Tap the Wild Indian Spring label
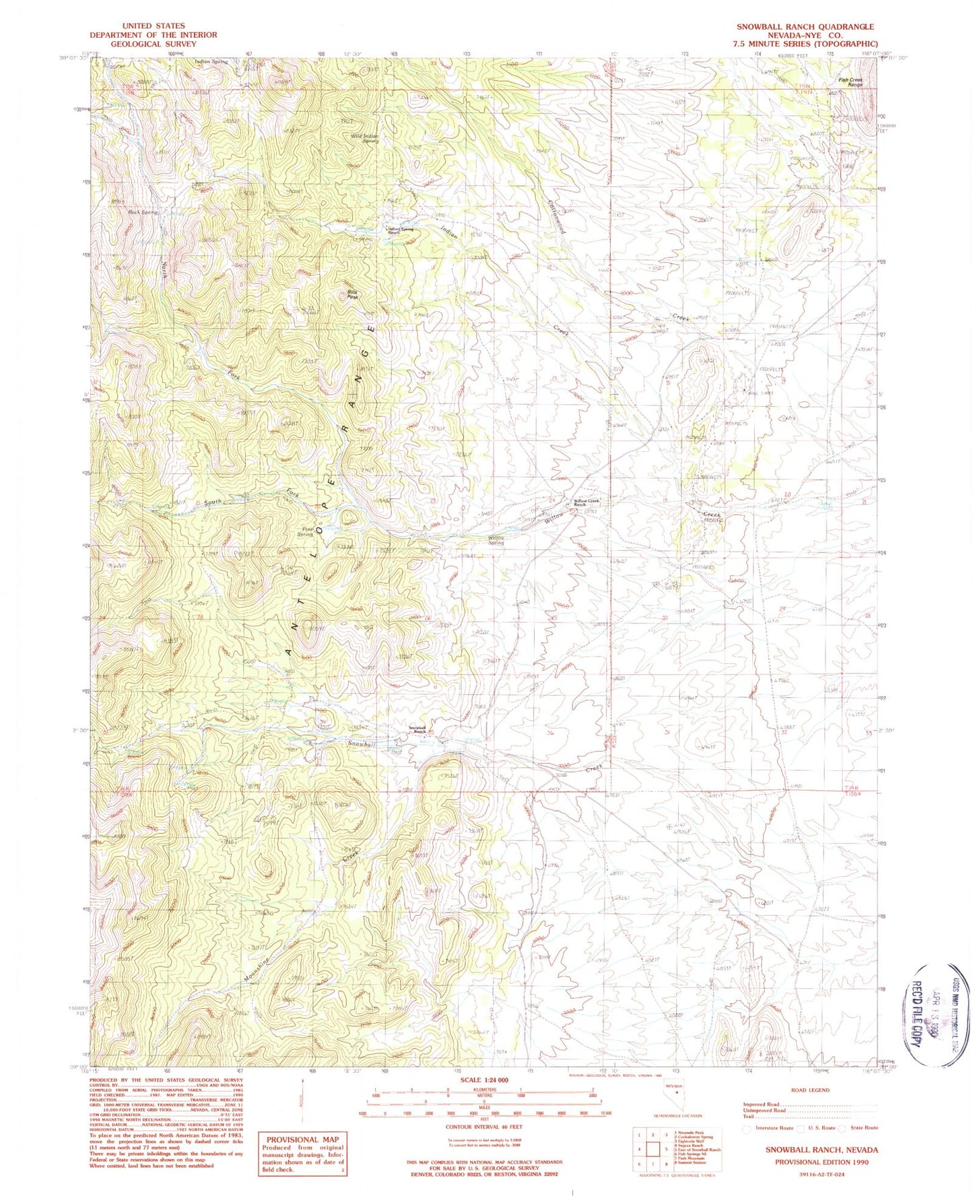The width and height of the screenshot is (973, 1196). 366,137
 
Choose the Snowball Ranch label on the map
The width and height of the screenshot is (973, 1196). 419,729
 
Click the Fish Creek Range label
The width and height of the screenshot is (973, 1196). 850,82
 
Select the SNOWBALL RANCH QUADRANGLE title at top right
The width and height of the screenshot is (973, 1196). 805,26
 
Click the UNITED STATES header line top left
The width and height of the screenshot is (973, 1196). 153,26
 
